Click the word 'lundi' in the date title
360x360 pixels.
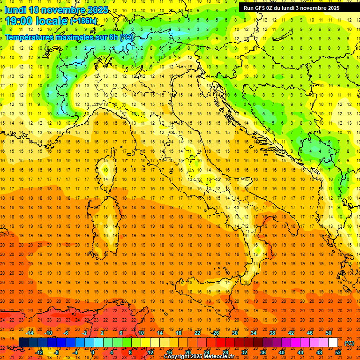15,10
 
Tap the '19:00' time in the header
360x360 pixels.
19,21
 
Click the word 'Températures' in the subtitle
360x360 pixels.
29,37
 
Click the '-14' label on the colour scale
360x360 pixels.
30,333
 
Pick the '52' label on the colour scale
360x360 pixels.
338,352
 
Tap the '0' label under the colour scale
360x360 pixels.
93,352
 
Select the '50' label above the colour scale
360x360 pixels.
329,333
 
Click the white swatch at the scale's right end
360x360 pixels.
333,343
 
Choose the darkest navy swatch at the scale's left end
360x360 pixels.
23,343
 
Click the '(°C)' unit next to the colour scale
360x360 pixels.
349,343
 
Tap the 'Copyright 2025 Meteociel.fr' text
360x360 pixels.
199,357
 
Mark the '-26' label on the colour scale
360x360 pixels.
215,333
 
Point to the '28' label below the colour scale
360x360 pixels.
225,352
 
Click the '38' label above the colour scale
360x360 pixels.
272,333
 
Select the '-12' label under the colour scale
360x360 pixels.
39,352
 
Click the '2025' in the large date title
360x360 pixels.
97,10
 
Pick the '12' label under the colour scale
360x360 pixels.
150,352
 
